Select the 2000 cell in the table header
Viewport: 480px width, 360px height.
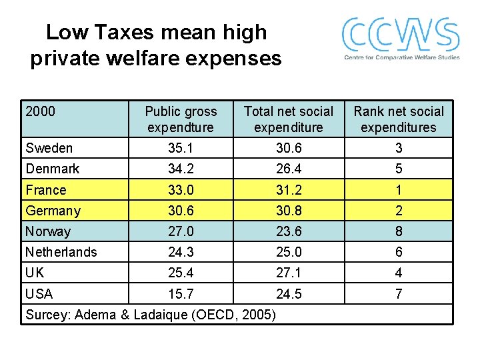[x=41, y=111]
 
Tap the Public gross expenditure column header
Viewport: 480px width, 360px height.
[x=181, y=119]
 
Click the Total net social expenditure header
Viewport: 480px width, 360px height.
[x=288, y=119]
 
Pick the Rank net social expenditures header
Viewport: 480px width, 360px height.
[x=398, y=119]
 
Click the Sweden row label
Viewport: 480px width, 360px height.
[x=49, y=148]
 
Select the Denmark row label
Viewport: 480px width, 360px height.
[x=52, y=169]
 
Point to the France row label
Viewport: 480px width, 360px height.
[x=45, y=190]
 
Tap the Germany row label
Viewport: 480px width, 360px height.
[x=53, y=211]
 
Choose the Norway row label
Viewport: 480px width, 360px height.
[x=47, y=231]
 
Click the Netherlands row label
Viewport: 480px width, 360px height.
[x=61, y=252]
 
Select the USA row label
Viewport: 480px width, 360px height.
[x=39, y=293]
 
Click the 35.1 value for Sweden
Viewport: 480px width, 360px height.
[x=181, y=148]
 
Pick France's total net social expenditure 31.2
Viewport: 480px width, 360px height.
[x=288, y=190]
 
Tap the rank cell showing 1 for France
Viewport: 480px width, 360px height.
[x=398, y=190]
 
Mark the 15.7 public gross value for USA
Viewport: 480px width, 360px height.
[x=181, y=293]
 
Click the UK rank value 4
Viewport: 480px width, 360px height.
[x=398, y=273]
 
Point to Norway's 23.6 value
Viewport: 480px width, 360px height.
[x=288, y=231]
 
